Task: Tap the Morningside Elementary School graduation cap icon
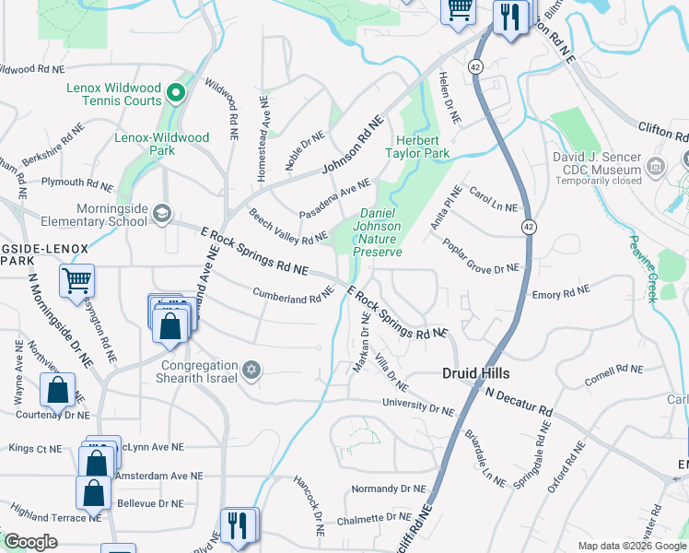coord(161,214)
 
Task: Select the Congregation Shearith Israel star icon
coord(251,371)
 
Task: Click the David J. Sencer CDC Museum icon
coord(656,166)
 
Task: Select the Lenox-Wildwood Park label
coord(161,144)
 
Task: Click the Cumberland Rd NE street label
coord(293,295)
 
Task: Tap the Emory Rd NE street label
coord(560,294)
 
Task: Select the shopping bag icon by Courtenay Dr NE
coord(57,390)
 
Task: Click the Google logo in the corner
coord(30,542)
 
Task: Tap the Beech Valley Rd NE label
coord(288,227)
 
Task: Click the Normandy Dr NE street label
coord(389,488)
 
